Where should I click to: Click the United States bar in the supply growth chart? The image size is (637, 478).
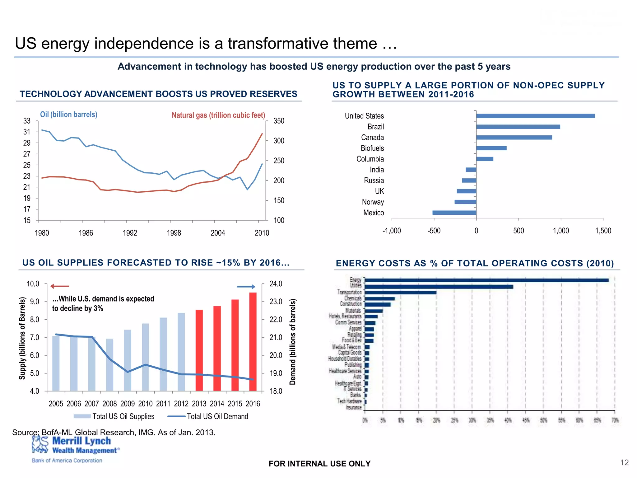(x=535, y=116)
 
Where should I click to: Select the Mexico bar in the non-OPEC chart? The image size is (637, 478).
(x=454, y=213)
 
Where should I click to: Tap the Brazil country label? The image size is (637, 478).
(x=375, y=127)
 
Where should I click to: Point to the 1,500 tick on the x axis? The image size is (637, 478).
(x=603, y=231)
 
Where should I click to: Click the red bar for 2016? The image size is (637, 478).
(x=253, y=341)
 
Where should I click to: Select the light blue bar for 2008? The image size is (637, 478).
(x=109, y=365)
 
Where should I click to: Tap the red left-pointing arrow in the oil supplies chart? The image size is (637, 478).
(x=59, y=286)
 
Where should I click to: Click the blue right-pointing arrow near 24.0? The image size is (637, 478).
(x=246, y=287)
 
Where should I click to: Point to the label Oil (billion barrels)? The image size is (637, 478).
(x=69, y=115)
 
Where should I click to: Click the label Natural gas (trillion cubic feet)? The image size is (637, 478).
(x=218, y=115)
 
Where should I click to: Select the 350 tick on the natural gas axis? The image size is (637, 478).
(x=279, y=121)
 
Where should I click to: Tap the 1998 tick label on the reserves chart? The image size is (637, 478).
(x=174, y=233)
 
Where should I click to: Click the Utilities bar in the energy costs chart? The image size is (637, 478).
(x=439, y=287)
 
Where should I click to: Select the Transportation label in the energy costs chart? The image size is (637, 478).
(x=349, y=292)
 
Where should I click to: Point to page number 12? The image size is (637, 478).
(x=624, y=463)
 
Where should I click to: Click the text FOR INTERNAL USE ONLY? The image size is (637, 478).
(x=319, y=464)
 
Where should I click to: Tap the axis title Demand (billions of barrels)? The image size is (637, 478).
(x=292, y=342)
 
